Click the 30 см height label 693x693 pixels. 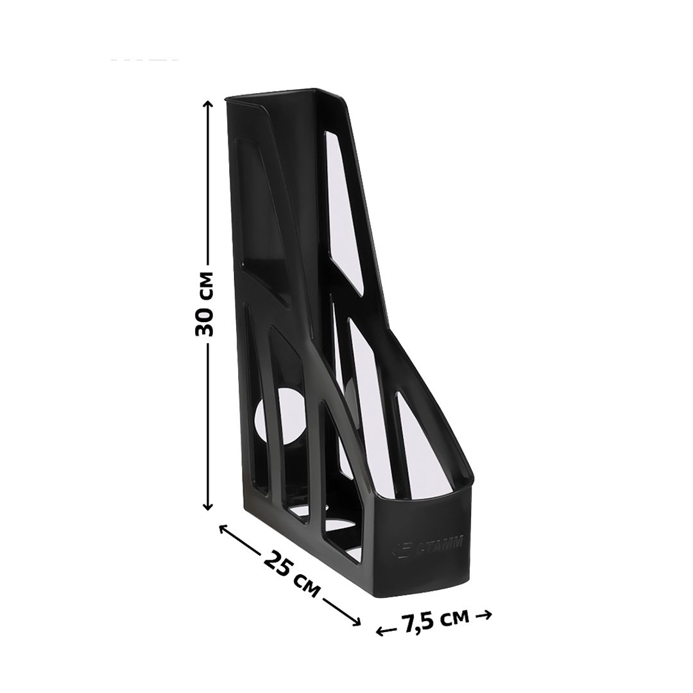point(204,304)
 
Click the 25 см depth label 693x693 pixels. point(291,574)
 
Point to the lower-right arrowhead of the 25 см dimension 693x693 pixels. point(356,622)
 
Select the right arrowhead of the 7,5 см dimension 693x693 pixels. point(486,615)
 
